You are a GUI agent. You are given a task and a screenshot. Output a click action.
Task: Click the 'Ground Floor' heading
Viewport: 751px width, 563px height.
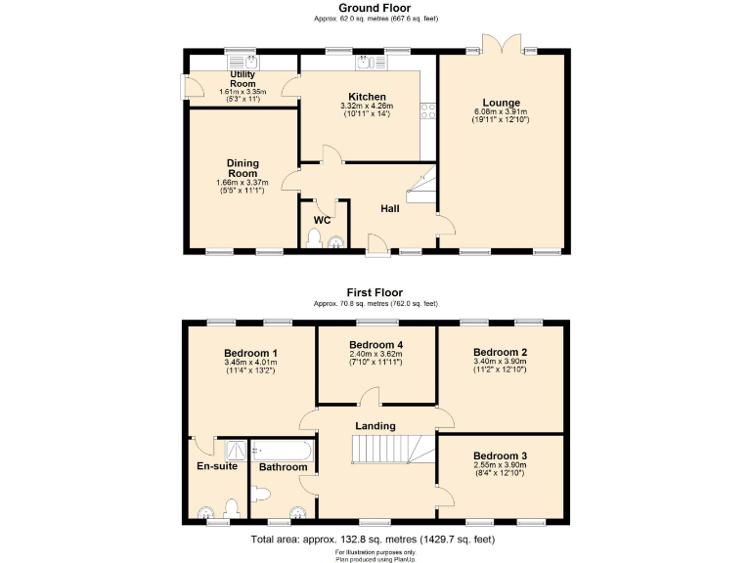click(x=375, y=8)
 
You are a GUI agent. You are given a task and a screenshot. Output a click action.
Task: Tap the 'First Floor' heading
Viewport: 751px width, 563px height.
click(x=375, y=292)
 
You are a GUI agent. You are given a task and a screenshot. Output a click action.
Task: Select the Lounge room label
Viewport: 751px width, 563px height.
click(x=501, y=103)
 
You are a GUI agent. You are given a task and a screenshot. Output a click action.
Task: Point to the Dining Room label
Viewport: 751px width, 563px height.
click(x=242, y=168)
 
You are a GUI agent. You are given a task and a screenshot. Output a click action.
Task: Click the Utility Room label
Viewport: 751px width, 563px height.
click(x=243, y=79)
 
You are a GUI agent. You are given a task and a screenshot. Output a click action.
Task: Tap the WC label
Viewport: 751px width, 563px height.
click(x=322, y=220)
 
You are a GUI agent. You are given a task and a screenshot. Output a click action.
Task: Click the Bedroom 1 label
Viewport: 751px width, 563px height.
click(x=250, y=353)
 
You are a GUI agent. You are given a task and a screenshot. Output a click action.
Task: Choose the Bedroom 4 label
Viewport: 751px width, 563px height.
click(x=376, y=345)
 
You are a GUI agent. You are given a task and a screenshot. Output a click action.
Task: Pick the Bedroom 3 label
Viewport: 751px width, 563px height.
click(x=500, y=456)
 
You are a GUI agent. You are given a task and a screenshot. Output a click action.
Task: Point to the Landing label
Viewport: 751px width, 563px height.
click(x=375, y=426)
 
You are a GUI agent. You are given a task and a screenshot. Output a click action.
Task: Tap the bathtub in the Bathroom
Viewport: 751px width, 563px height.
click(x=283, y=450)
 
